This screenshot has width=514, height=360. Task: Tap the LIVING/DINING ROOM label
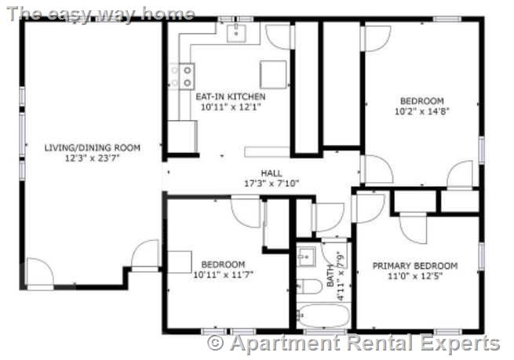92,147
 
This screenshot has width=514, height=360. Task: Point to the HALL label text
272,173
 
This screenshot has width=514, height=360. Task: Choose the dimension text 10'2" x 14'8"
421,111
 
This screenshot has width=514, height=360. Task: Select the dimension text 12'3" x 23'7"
92,158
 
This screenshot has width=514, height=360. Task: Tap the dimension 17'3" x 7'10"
272,184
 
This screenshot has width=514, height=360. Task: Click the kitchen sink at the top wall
237,32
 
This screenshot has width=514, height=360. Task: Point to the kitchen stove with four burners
183,76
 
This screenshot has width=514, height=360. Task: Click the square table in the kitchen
274,74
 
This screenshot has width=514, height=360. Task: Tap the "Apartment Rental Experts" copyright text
353,343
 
